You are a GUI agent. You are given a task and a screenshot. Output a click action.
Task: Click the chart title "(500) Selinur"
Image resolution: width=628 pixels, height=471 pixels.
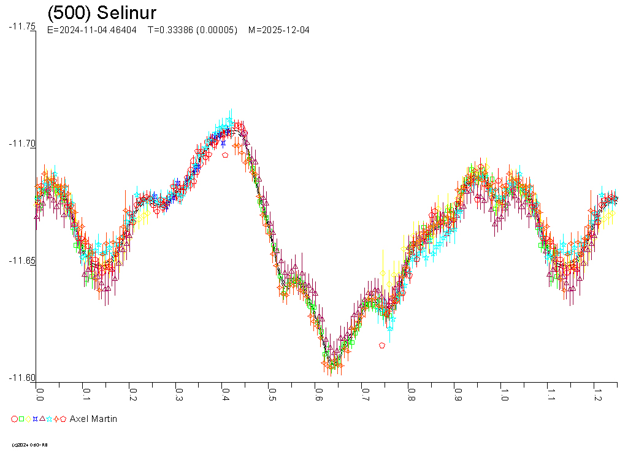click(102, 13)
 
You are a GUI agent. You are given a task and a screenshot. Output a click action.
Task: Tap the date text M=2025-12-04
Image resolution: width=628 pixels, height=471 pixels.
click(278, 30)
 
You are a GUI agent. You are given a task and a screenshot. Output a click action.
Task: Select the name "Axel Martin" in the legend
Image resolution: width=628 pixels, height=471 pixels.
click(93, 419)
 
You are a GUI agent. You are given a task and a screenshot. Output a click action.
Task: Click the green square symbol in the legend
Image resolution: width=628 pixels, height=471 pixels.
click(21, 419)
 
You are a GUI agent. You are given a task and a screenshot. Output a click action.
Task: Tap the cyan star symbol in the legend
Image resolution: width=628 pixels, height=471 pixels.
click(49, 419)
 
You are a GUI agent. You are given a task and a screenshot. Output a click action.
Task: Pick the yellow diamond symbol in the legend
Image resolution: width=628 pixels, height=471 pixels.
click(28, 419)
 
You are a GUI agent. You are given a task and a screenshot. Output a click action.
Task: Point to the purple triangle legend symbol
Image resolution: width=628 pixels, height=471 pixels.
click(42, 419)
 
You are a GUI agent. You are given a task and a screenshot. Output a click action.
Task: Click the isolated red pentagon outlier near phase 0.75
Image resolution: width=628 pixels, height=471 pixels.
click(382, 345)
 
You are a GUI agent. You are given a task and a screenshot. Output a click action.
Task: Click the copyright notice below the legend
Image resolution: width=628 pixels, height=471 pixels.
click(30, 445)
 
